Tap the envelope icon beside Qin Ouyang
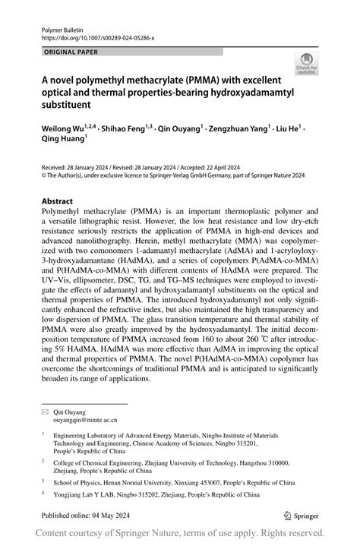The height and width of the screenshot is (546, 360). point(45,410)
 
